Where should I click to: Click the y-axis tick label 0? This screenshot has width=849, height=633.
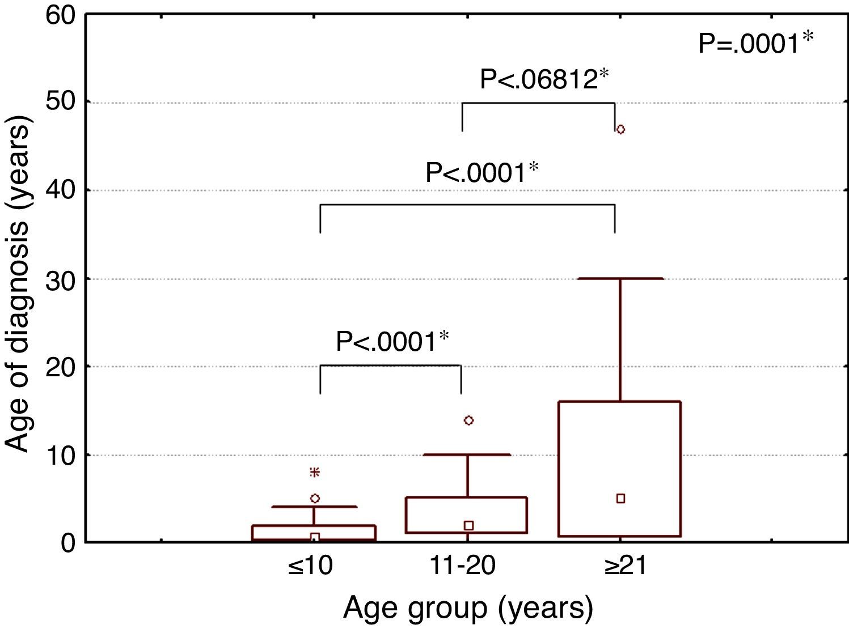coord(68,543)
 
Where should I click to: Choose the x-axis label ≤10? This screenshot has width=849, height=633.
coord(310,566)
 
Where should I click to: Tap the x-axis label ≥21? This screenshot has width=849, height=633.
coord(624,566)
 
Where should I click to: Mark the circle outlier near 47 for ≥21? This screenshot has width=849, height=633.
coord(620,129)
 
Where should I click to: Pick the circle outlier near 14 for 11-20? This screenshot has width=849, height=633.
coord(468,420)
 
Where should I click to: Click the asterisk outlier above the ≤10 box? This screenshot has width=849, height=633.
coord(315,472)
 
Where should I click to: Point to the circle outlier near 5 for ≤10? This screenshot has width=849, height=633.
coord(315,499)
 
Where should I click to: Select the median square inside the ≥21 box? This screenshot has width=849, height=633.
coord(620,499)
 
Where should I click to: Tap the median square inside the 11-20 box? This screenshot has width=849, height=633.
coord(468,526)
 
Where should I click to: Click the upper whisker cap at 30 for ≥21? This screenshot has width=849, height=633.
coord(620,279)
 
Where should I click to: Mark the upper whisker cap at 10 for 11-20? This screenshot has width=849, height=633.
coord(468,454)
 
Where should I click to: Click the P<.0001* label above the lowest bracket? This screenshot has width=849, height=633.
coord(392,342)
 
